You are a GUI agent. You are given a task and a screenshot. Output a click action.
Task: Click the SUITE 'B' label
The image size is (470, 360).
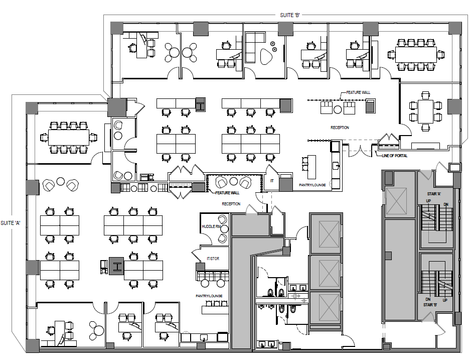click(x=289, y=15)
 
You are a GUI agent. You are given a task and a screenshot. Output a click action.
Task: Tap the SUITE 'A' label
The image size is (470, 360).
click(x=11, y=223)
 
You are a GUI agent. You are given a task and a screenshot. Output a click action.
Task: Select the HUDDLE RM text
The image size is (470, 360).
click(x=211, y=226)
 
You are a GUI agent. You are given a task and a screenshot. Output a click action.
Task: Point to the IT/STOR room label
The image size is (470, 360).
click(x=213, y=258)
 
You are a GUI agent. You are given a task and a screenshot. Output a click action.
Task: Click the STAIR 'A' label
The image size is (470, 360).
click(x=434, y=194)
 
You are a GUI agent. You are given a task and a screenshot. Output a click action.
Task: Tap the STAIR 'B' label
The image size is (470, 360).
click(x=430, y=305)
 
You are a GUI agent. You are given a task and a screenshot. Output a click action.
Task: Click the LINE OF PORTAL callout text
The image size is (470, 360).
click(x=394, y=156)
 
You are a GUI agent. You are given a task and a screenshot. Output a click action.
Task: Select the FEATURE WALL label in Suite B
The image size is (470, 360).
click(x=358, y=92)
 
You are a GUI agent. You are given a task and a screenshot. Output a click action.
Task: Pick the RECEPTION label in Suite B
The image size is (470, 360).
click(x=340, y=128)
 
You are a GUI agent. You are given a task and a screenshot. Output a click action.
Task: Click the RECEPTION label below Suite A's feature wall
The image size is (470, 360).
click(x=231, y=204)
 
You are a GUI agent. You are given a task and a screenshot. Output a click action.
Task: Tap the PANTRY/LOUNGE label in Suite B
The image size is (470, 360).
click(x=312, y=185)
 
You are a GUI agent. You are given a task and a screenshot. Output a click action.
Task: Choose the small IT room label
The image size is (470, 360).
click(x=272, y=181)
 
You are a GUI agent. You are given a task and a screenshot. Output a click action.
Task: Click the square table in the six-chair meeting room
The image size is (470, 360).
click(x=426, y=112)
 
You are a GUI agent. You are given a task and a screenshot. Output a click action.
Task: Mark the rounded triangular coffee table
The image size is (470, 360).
click(x=266, y=56)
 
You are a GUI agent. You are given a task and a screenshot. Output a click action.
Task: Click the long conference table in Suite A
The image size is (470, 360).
click(x=69, y=137)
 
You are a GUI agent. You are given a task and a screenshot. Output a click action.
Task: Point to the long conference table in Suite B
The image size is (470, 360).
click(x=416, y=54)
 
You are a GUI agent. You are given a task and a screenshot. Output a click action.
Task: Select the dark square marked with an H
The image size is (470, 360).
click(x=116, y=266)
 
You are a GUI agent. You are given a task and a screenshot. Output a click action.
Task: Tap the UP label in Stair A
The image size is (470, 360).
click(x=429, y=201)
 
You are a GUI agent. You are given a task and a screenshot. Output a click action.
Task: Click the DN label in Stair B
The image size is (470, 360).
click(x=428, y=299)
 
